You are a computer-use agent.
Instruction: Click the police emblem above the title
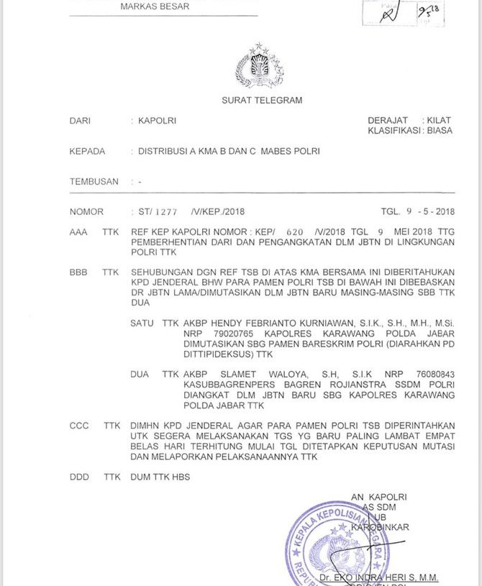(x=259, y=66)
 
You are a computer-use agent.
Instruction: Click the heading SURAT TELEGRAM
(x=262, y=101)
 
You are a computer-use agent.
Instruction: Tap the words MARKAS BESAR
(x=155, y=6)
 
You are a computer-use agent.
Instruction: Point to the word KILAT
(x=439, y=121)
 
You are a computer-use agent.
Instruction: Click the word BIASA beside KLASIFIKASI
(x=440, y=131)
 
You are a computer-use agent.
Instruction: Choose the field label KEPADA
(x=87, y=152)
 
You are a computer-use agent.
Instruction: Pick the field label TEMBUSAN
(x=94, y=182)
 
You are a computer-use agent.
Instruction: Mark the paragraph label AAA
(x=78, y=233)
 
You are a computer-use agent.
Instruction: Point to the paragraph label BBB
(x=78, y=273)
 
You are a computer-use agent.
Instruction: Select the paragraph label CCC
(x=79, y=426)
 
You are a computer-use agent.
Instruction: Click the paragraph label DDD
(x=79, y=477)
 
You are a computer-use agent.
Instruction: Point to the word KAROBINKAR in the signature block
(x=380, y=527)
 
